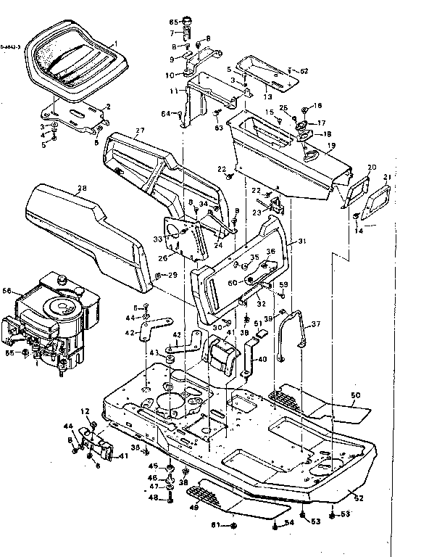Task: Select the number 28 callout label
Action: [82, 189]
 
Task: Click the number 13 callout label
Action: [267, 95]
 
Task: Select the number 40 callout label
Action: [262, 359]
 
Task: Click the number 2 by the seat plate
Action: [108, 107]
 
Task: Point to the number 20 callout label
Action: [372, 168]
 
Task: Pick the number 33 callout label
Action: [157, 238]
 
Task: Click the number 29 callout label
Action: [172, 275]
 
